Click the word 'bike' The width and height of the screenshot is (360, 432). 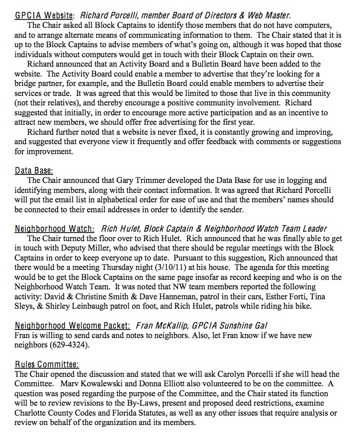coord(304,306)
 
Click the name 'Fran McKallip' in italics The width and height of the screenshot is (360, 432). coord(160,326)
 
